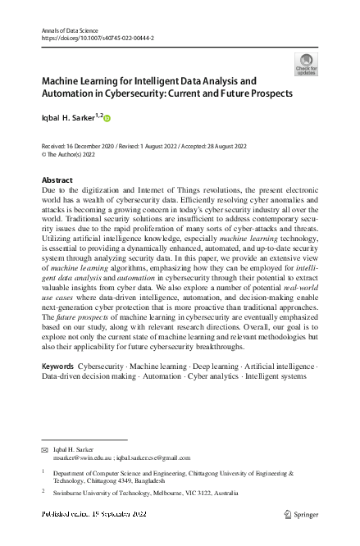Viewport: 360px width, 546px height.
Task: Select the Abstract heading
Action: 57,180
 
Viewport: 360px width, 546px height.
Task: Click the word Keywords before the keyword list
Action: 57,365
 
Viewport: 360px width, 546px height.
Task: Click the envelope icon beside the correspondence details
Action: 45,450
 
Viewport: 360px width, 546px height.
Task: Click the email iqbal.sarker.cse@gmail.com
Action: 157,458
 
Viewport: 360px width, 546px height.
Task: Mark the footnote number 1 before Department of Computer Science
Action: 43,473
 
